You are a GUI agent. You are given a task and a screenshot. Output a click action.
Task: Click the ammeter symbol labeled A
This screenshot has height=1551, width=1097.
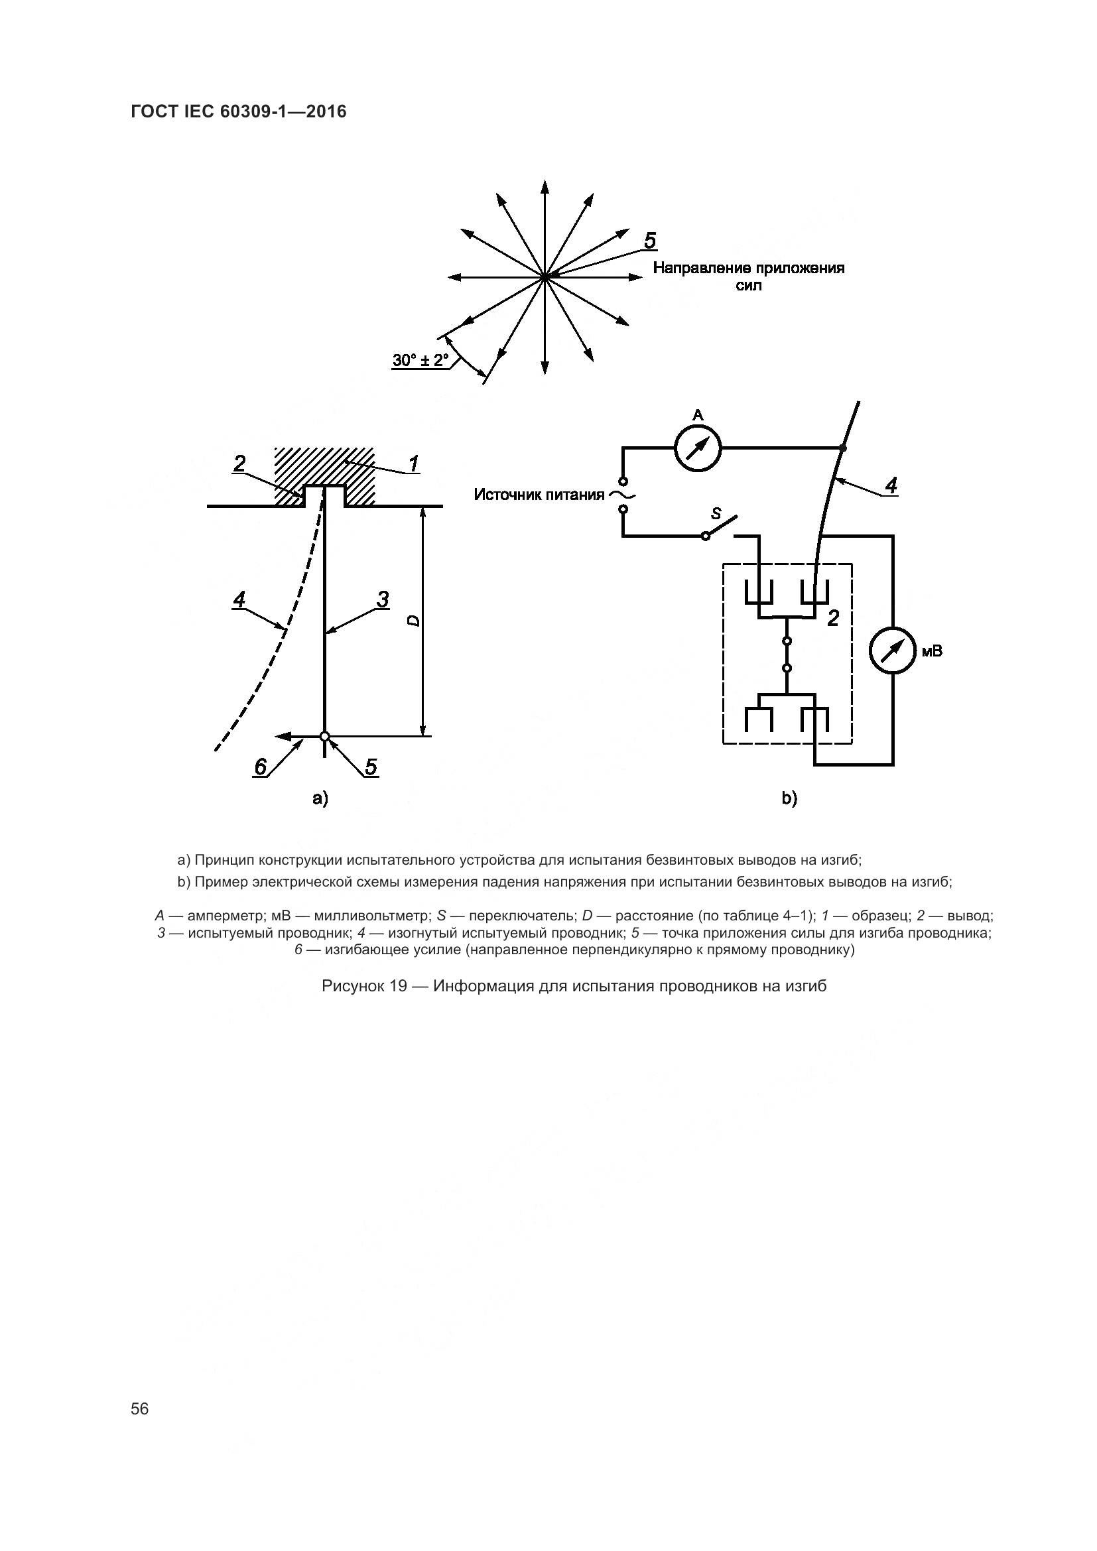click(698, 448)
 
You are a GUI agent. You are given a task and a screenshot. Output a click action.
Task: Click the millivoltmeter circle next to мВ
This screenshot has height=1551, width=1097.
click(892, 651)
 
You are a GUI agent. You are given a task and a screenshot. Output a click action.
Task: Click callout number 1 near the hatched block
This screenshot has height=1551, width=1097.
click(413, 464)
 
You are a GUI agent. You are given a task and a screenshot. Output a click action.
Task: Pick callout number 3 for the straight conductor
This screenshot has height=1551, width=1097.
click(382, 599)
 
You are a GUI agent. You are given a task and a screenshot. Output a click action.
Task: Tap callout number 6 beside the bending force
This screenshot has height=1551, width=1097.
click(261, 767)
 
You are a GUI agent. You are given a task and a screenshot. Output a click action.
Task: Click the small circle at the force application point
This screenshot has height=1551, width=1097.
click(325, 736)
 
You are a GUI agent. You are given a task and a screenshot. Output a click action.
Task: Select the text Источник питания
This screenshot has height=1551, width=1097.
click(539, 495)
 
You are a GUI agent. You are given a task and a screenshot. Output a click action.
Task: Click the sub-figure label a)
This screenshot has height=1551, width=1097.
click(320, 798)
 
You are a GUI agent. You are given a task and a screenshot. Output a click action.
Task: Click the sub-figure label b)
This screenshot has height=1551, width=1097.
click(789, 798)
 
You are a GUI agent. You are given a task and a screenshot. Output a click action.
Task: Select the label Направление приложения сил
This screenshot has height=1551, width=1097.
click(748, 277)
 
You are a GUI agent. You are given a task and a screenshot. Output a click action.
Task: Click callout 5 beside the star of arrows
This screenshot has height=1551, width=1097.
click(650, 241)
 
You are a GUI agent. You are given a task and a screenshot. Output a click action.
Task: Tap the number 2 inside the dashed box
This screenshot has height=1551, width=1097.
click(833, 617)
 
